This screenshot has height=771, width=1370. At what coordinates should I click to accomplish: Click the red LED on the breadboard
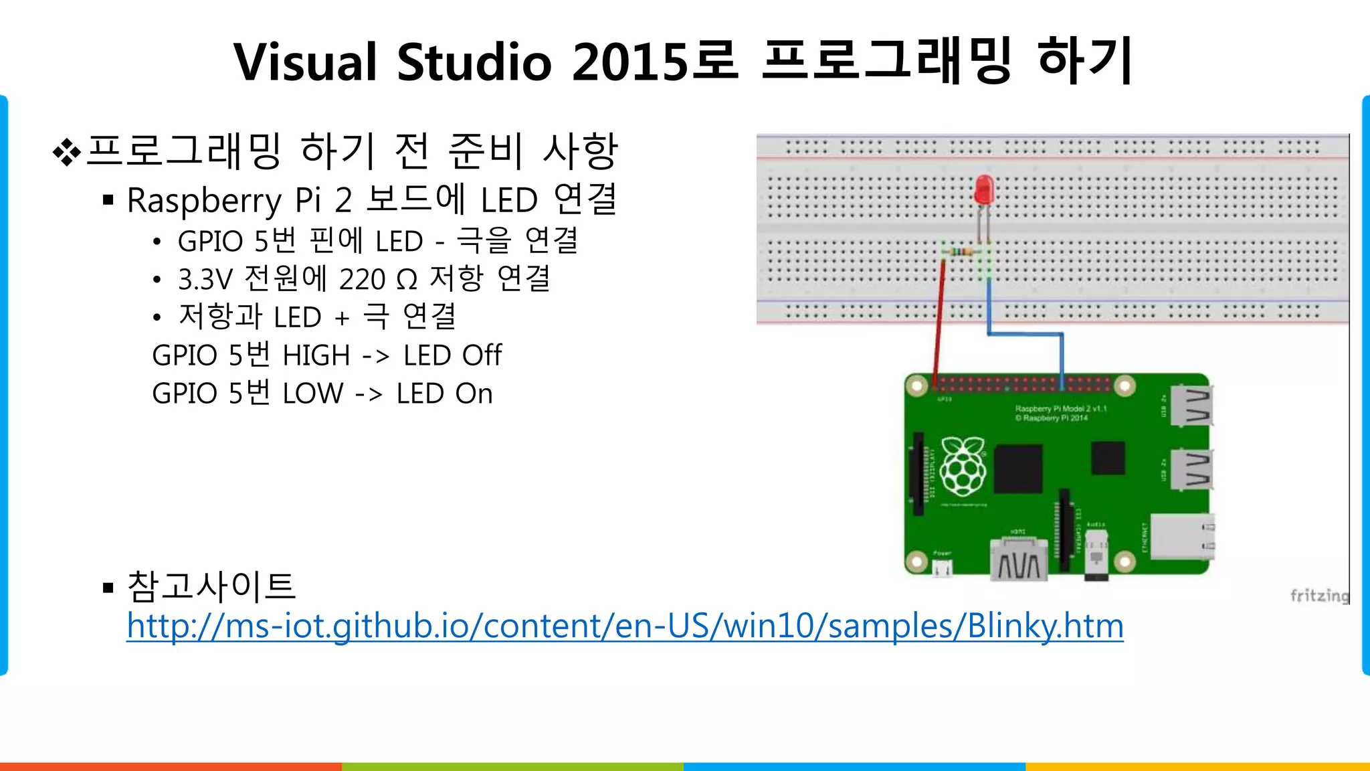click(984, 190)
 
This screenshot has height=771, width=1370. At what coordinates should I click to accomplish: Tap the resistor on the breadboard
click(961, 252)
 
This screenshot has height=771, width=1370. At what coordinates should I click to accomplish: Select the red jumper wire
click(939, 321)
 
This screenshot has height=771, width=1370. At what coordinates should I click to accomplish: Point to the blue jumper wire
click(1025, 333)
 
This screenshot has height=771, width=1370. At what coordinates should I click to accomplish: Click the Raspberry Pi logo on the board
click(963, 465)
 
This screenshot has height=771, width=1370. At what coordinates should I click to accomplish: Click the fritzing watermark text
click(1319, 595)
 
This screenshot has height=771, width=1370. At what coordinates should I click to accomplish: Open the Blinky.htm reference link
click(625, 626)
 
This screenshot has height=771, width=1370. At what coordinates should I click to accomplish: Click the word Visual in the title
click(305, 62)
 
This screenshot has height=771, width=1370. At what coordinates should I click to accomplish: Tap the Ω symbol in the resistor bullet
click(406, 280)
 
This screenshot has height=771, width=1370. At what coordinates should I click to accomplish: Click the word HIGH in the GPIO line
click(316, 355)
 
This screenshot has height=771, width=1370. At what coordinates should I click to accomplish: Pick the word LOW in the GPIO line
click(313, 394)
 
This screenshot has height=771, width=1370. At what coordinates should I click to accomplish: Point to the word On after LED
click(474, 394)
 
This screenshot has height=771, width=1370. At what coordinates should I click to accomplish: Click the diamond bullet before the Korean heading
click(66, 152)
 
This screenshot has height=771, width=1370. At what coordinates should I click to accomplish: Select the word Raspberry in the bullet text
click(205, 201)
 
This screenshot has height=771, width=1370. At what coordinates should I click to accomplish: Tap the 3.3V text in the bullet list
click(205, 280)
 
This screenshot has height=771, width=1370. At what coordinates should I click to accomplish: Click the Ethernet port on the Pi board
click(1181, 535)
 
